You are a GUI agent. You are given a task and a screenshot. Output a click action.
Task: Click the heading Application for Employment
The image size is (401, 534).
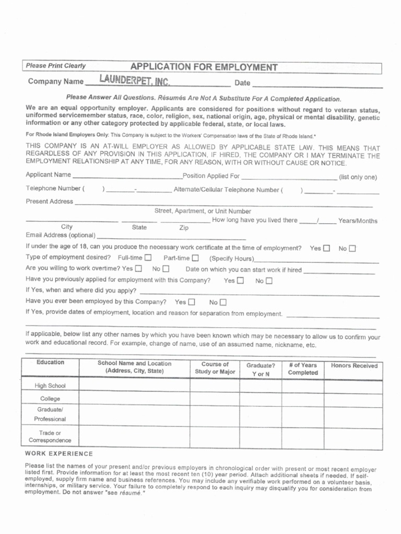[x=204, y=67]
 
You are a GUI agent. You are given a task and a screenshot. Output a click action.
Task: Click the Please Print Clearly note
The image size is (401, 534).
[x=56, y=66]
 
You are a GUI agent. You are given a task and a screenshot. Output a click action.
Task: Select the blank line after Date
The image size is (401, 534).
[x=317, y=84]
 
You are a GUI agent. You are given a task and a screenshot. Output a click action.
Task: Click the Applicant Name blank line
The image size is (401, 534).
[x=127, y=176]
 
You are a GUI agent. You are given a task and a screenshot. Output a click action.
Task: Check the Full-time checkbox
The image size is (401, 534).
[x=148, y=258]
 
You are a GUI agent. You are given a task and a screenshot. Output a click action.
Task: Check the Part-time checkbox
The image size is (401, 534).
[x=195, y=258]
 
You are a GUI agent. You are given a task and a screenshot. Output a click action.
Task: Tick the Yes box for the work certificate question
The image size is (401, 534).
[x=327, y=248]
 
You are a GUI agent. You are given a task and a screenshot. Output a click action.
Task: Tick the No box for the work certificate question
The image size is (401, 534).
[x=352, y=248]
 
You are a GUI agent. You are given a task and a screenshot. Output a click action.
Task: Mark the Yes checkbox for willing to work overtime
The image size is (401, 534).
[x=138, y=269]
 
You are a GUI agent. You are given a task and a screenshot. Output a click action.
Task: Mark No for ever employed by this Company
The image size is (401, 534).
[x=223, y=302]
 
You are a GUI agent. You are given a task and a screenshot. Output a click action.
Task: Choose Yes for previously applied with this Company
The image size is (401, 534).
[x=241, y=281]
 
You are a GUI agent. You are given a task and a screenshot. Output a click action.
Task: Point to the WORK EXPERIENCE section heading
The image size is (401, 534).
[x=59, y=454]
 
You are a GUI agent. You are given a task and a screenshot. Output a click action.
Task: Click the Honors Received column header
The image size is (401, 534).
[x=354, y=366]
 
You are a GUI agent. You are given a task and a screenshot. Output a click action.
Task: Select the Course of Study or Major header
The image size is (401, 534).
[x=215, y=368]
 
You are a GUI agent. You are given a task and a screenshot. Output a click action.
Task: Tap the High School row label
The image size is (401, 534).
[x=50, y=386]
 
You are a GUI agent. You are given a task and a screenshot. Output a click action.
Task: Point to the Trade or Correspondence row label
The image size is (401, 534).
[x=50, y=436]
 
